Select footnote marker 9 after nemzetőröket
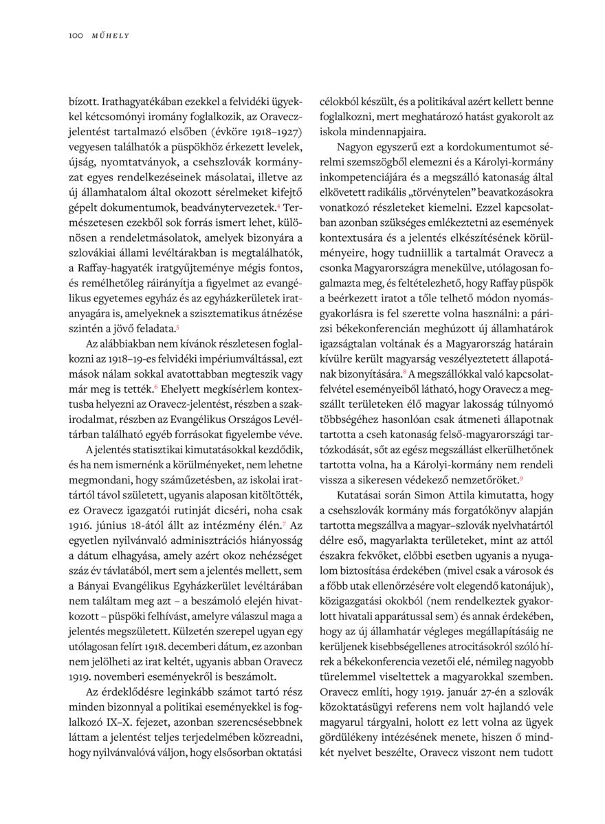(523, 479)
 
